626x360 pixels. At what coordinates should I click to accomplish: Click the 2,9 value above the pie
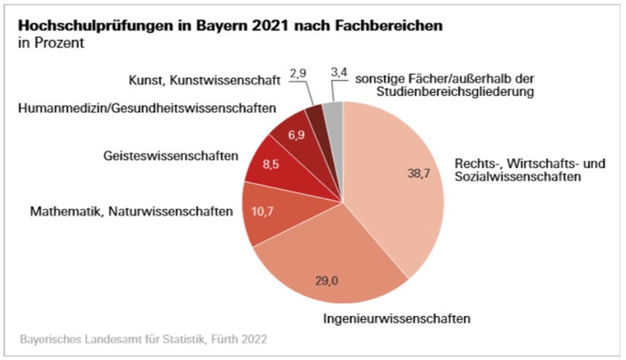tap(298, 74)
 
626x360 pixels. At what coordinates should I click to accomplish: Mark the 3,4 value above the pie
tap(339, 74)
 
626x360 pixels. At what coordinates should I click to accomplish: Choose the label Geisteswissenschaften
tap(170, 156)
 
